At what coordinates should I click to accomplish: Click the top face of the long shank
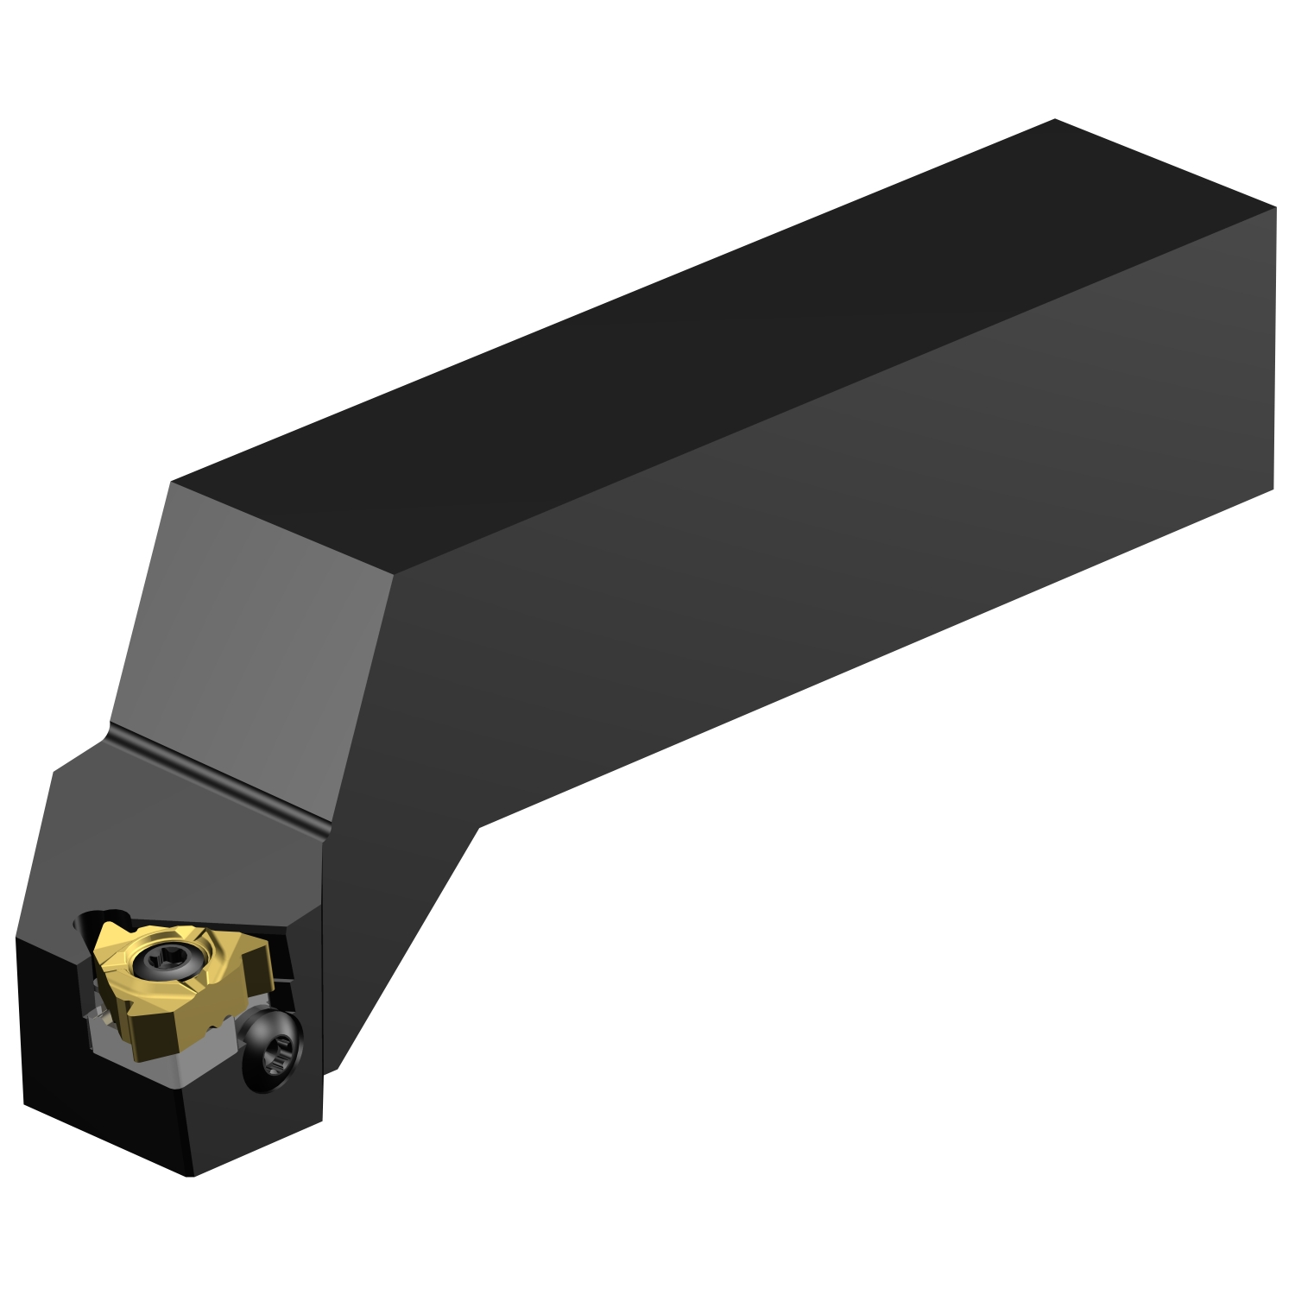(691, 345)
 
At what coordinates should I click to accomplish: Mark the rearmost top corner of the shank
(1055, 120)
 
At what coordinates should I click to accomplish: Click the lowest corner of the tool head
(191, 1175)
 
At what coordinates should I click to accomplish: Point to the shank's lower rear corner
(1273, 489)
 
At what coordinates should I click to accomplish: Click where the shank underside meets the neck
(478, 828)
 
